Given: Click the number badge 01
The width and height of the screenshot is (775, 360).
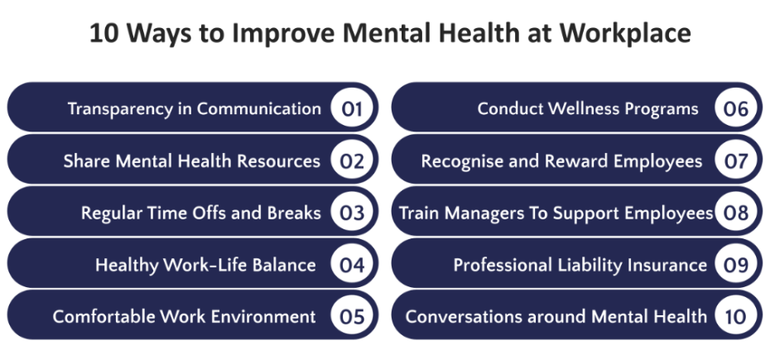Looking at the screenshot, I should point(353,108).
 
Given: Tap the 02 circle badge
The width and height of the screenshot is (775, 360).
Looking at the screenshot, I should point(353,161).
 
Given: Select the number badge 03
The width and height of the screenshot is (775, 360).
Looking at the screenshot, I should point(353,213).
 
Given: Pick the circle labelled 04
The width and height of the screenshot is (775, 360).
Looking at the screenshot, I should point(353,265).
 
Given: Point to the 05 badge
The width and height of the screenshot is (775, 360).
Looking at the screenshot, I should point(353,316).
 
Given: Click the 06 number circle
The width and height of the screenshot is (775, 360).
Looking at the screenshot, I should point(736,108).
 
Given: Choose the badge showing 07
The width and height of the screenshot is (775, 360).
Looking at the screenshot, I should point(736,161).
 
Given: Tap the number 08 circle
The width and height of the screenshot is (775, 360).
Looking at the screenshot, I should point(736,213).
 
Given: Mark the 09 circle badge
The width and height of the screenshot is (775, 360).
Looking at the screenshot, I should point(736,265).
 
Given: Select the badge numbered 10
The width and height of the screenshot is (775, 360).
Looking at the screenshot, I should point(736,316).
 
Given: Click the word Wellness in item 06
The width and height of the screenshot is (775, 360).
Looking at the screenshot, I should point(583,109).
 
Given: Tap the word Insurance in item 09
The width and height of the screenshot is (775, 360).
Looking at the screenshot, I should point(667,265).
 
